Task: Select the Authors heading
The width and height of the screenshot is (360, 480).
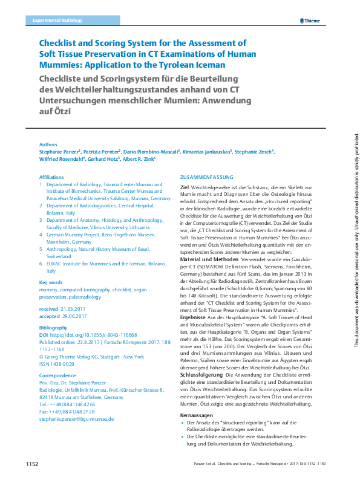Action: click(48, 145)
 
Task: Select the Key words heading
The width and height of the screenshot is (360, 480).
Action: click(51, 283)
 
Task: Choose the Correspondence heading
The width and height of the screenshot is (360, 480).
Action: click(57, 376)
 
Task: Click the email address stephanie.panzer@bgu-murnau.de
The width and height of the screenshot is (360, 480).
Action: click(77, 419)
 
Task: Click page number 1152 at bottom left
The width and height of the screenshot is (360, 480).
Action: click(31, 463)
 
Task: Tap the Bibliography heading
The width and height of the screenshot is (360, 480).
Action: click(54, 326)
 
